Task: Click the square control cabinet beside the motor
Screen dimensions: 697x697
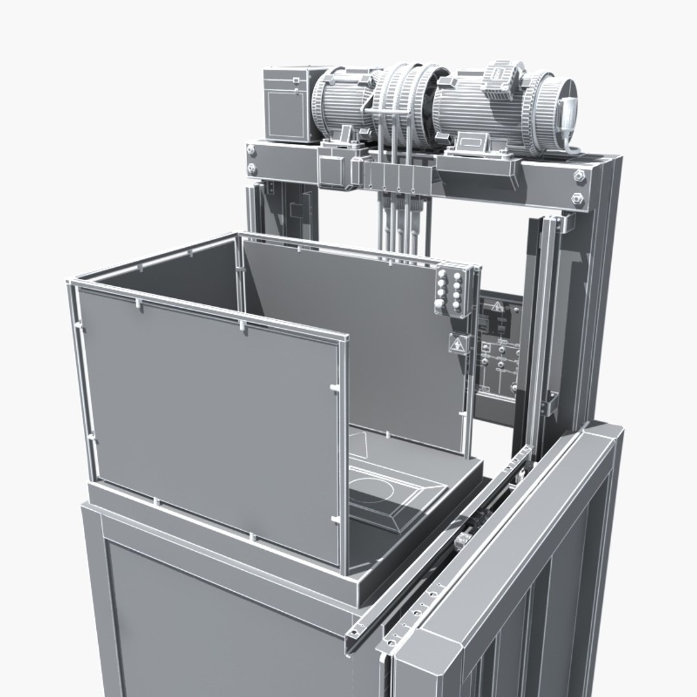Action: point(288,105)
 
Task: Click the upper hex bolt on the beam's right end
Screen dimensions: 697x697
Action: point(579,175)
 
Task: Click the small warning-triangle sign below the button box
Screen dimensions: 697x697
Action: point(458,345)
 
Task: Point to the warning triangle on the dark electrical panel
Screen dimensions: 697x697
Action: point(498,308)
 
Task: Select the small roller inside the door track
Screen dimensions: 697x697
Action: point(465,540)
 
